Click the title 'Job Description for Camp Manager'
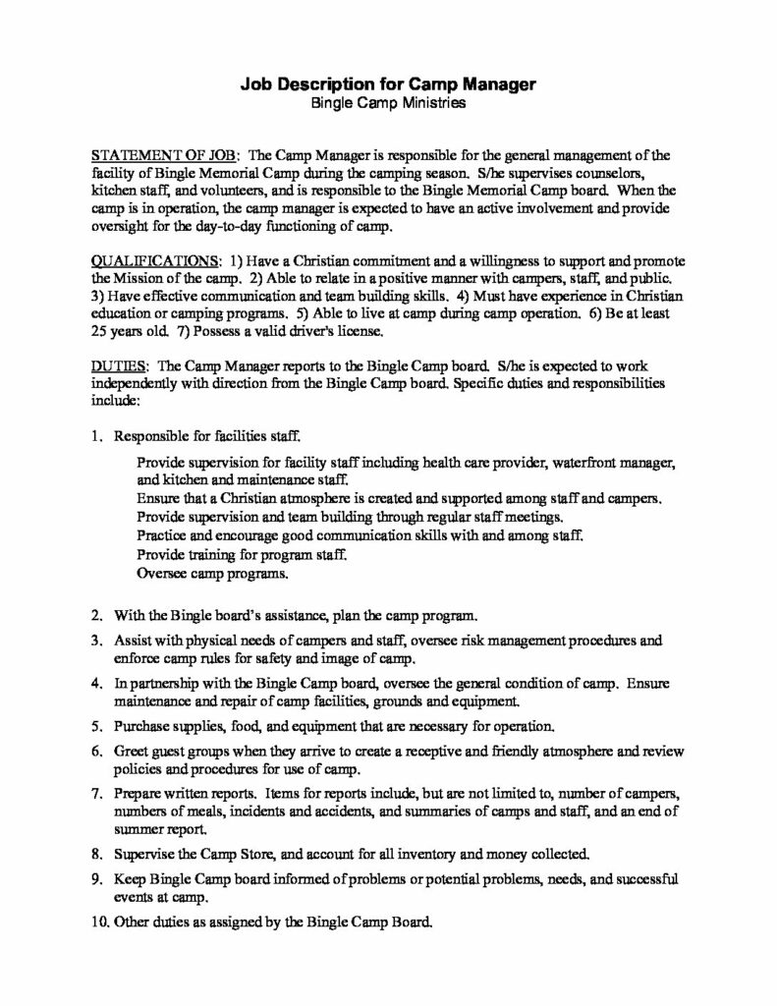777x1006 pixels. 387,84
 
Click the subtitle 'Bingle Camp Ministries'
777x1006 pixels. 387,102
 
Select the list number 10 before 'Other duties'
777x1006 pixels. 98,923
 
